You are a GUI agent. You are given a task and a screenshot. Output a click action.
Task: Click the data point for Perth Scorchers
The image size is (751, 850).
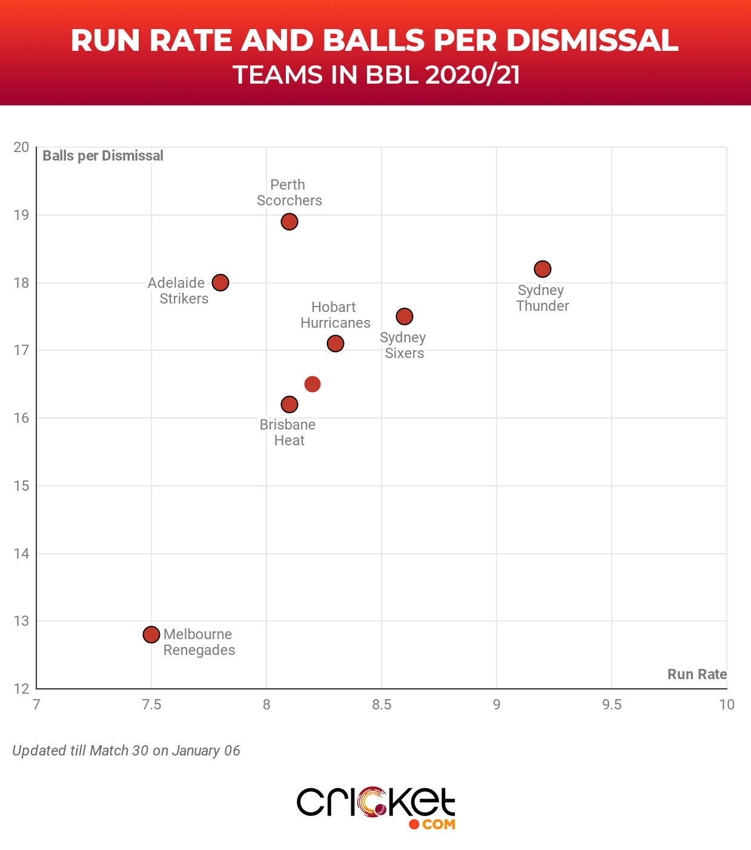click(x=289, y=222)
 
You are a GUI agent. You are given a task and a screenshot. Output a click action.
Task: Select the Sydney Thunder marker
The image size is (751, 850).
click(x=543, y=269)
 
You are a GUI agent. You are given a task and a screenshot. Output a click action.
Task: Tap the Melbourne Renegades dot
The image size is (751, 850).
click(x=151, y=634)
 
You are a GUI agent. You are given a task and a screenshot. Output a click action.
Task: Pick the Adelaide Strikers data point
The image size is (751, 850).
click(x=220, y=282)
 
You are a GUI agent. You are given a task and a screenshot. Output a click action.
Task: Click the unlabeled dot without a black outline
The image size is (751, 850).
click(x=313, y=384)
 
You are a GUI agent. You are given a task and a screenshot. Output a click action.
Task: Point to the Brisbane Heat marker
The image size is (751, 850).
click(x=289, y=404)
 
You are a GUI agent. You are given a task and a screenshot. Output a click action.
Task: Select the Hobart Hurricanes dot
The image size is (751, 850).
click(x=336, y=344)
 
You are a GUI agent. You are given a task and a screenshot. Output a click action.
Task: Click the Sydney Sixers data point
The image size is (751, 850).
click(x=405, y=316)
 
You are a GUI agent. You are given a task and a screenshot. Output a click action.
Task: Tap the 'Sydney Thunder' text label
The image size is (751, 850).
click(x=542, y=298)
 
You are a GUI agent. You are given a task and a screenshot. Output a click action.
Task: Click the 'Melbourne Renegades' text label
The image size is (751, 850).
click(x=199, y=642)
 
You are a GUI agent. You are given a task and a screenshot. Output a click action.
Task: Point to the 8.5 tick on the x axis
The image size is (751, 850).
click(x=382, y=705)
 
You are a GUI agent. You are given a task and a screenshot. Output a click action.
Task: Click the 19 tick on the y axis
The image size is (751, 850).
click(x=21, y=215)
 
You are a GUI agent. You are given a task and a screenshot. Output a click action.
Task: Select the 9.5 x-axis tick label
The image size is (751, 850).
click(x=612, y=705)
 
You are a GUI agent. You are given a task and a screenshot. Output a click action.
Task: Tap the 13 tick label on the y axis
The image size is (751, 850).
click(x=21, y=621)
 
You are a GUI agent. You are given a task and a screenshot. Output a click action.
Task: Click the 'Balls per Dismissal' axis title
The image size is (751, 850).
click(x=103, y=156)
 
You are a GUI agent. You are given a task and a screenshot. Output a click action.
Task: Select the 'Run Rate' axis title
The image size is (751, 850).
click(x=697, y=674)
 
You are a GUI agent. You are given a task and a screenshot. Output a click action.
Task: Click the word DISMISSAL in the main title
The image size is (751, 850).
click(x=592, y=41)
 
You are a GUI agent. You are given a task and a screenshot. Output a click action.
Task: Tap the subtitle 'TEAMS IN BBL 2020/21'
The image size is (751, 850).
click(x=376, y=75)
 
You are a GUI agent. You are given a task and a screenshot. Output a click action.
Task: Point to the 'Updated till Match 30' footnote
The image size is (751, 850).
click(x=126, y=751)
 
